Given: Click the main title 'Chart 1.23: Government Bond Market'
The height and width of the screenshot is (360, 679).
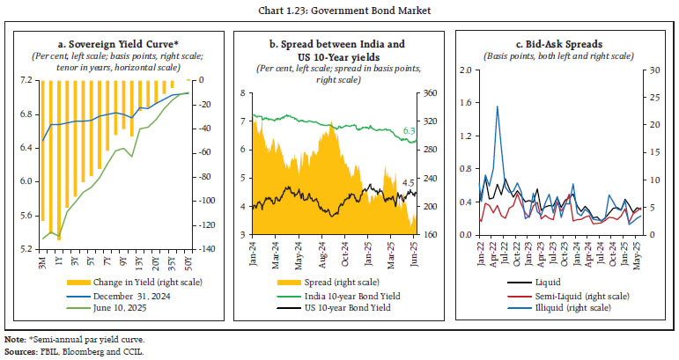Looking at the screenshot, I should (x=338, y=10).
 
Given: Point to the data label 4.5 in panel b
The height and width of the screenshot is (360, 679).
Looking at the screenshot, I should (x=409, y=183).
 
